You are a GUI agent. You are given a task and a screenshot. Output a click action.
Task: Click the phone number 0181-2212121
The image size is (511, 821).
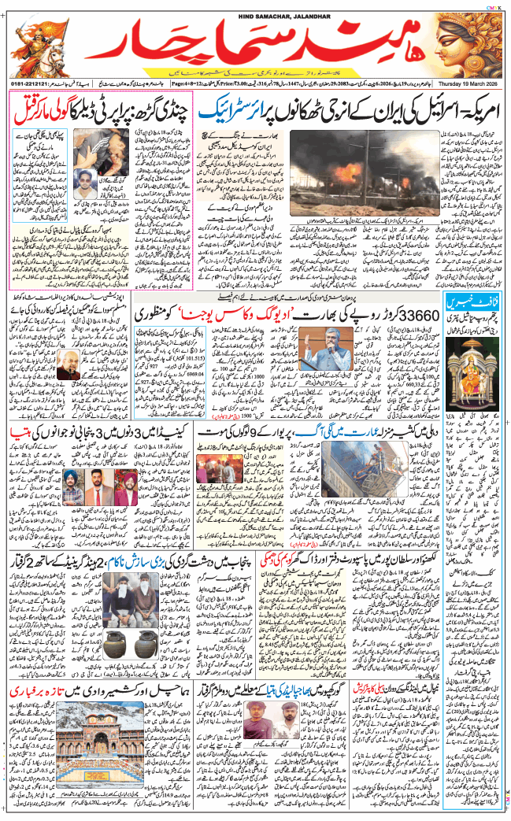coord(31,82)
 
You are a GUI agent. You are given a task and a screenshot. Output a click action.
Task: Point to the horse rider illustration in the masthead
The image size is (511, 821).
coord(39,43)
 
